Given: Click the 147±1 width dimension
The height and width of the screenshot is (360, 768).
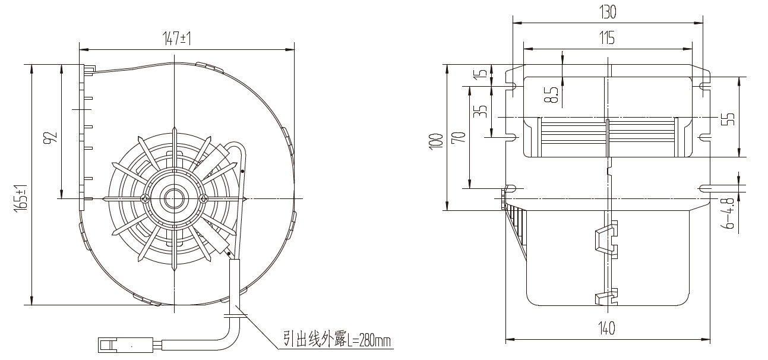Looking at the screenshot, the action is click(176, 39).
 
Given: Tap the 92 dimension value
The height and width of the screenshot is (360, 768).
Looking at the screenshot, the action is click(50, 137).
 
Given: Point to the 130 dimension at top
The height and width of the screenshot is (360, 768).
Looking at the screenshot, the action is click(608, 12).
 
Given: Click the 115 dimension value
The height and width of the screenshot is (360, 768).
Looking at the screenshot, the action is click(607, 37).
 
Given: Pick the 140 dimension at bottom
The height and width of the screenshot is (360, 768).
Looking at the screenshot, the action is click(607, 328).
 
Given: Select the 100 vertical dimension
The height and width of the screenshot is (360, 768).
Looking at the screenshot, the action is click(436, 141).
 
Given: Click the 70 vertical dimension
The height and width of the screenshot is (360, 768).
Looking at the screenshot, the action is click(459, 137).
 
